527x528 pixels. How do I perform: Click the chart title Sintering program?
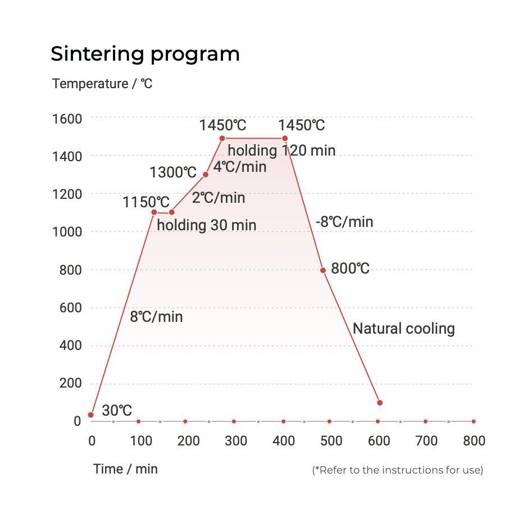[x=145, y=54]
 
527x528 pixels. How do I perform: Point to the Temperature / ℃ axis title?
[x=102, y=84]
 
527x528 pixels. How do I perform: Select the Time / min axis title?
[x=125, y=469]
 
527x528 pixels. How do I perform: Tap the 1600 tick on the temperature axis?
[x=67, y=119]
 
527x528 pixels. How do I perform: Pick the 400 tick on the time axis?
[x=284, y=441]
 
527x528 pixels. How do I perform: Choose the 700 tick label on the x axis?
[x=426, y=441]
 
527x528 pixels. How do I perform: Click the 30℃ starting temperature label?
[x=117, y=411]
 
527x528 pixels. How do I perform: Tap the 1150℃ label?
[x=146, y=202]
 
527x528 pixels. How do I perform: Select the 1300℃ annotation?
[x=173, y=172]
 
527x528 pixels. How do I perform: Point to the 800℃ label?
[x=350, y=268]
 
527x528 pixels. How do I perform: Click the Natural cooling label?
[x=403, y=329]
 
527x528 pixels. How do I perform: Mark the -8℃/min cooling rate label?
[x=344, y=222]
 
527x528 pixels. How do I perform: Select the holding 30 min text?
[x=206, y=226]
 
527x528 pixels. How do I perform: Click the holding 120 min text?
[x=281, y=151]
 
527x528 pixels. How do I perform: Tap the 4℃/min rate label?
[x=240, y=167]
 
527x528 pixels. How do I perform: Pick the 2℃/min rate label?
[x=219, y=198]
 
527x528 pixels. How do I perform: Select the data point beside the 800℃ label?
[x=323, y=270]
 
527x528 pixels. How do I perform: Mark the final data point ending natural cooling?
[x=380, y=403]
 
